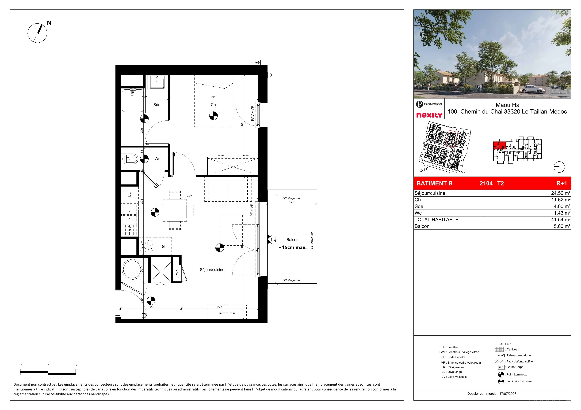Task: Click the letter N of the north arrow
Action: click(49, 23)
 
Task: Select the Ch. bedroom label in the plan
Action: click(214, 105)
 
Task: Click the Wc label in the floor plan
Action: click(157, 159)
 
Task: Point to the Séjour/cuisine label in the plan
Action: click(212, 270)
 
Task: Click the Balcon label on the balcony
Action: click(292, 240)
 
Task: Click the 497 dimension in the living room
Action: click(189, 196)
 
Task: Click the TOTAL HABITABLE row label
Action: click(436, 220)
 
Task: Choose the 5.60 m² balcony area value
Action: click(562, 226)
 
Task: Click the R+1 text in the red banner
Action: click(562, 183)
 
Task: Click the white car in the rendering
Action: click(531, 89)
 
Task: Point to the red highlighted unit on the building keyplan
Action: click(499, 146)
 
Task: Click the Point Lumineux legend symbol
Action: click(501, 374)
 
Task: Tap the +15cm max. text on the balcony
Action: click(293, 247)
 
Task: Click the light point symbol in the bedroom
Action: click(214, 116)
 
